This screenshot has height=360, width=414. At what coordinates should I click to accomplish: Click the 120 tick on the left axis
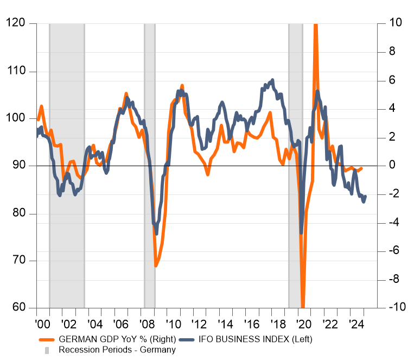16,23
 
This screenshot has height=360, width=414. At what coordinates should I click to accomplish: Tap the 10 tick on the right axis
395,23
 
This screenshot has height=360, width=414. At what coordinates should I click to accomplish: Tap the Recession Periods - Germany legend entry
117,350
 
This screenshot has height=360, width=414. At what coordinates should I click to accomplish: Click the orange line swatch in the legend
47,339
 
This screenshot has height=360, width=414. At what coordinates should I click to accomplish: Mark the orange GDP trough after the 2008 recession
156,266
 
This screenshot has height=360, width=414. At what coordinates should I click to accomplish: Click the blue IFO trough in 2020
301,233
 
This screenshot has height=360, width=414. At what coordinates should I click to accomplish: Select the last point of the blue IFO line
365,197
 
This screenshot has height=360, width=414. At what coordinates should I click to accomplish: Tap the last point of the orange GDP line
362,168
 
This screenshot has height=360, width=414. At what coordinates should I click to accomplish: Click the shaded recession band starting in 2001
67,163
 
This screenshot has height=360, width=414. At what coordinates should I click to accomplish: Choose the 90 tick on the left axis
18,166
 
